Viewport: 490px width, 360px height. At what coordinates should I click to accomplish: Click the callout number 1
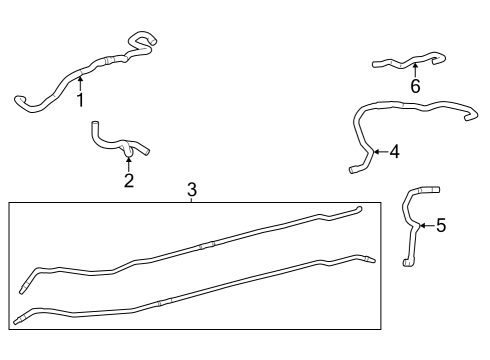(x=80, y=99)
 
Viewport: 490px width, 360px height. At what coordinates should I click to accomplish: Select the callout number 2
(x=128, y=180)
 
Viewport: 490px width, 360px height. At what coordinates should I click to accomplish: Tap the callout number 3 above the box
(x=193, y=189)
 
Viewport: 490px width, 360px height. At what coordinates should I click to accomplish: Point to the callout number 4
(x=394, y=152)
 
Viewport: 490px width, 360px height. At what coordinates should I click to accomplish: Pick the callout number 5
(x=441, y=225)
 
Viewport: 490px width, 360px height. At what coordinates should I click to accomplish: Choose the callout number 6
(x=415, y=86)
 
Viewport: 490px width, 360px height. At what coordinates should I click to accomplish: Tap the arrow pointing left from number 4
(x=377, y=152)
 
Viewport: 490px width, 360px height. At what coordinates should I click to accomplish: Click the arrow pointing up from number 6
(x=415, y=69)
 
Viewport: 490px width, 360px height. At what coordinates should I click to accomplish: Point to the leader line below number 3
(x=193, y=199)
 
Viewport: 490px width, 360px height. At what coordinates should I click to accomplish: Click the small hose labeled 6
(x=405, y=63)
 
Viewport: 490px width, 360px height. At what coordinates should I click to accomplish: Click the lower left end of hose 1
(x=19, y=98)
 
